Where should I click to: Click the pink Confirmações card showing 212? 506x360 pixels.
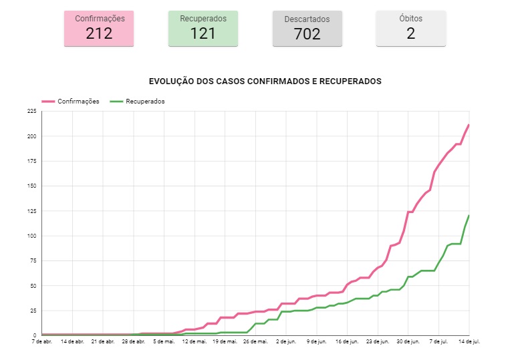(x=99, y=28)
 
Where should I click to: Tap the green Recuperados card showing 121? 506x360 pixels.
(x=203, y=28)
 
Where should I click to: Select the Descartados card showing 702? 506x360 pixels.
(x=307, y=28)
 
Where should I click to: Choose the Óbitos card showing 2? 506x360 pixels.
(x=410, y=28)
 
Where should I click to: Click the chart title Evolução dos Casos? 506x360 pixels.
(x=265, y=81)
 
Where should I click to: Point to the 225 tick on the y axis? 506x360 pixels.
(x=31, y=112)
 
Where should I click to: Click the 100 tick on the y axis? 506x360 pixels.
(x=31, y=236)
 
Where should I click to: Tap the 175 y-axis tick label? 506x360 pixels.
(x=31, y=161)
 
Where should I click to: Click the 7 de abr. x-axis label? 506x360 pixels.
(x=41, y=341)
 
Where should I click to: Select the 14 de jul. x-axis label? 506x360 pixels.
(x=469, y=341)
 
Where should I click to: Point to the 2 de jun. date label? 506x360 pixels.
(x=286, y=341)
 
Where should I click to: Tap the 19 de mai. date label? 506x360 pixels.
(x=225, y=341)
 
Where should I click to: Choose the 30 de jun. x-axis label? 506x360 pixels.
(x=408, y=341)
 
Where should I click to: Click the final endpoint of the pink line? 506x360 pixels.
(x=469, y=125)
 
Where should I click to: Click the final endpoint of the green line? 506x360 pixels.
(x=469, y=216)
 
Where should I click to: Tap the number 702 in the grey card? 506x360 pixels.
(x=307, y=34)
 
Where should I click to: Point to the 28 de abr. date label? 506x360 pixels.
(x=133, y=341)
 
